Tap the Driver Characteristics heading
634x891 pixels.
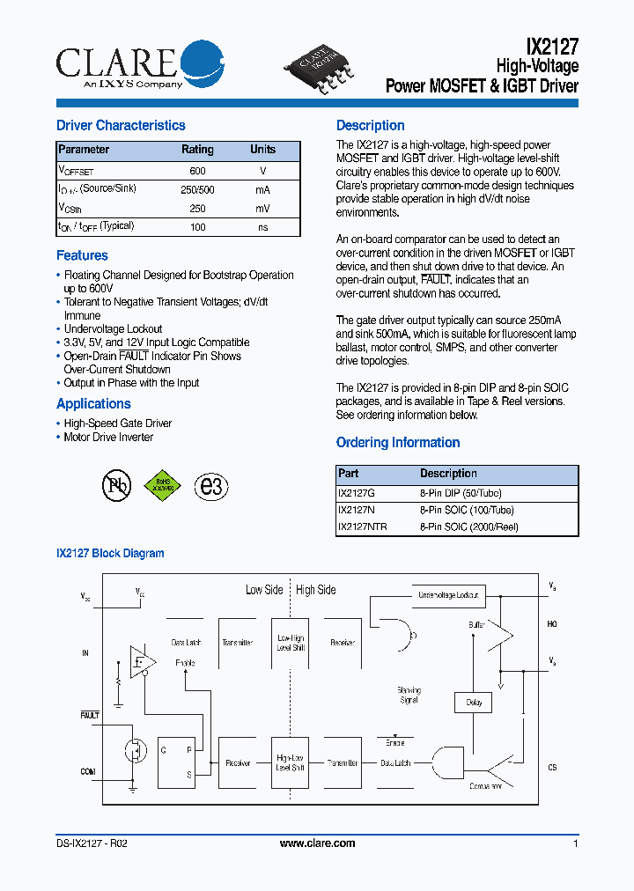[x=121, y=126]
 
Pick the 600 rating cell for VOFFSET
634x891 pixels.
[x=197, y=171]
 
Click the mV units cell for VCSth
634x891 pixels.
[x=262, y=209]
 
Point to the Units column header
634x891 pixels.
[x=262, y=150]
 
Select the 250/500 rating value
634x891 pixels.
[x=197, y=190]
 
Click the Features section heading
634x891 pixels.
[x=82, y=255]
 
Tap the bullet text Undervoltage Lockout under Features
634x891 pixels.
[x=113, y=329]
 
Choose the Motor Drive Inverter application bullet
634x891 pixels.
[x=108, y=438]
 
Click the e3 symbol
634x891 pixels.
[x=211, y=486]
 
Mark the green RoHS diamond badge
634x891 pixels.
[x=163, y=485]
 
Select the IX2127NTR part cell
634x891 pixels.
[x=362, y=527]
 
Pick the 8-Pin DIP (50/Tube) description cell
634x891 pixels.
[x=461, y=494]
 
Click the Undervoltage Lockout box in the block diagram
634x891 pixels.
[x=448, y=596]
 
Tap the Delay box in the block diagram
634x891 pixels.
[x=474, y=703]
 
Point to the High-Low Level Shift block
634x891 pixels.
[x=291, y=762]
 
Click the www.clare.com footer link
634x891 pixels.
[x=317, y=843]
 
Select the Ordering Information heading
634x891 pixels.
[x=398, y=443]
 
